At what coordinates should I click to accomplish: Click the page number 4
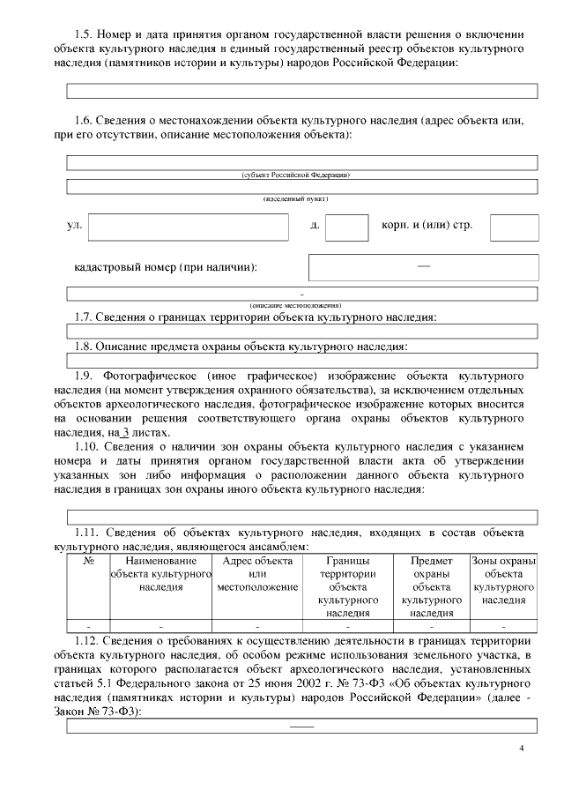point(522,749)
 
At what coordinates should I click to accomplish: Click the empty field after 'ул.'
point(189,227)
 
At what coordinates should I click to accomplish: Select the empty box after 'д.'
point(346,227)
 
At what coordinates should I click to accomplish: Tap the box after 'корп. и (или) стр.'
point(514,227)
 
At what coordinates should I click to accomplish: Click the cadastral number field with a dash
point(423,267)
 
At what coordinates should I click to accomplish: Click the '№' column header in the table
point(88,561)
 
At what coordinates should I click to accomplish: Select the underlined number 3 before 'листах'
point(125,432)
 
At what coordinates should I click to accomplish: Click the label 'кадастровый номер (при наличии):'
point(172,267)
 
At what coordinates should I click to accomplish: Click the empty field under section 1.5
point(302,90)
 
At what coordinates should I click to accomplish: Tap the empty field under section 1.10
point(302,517)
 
